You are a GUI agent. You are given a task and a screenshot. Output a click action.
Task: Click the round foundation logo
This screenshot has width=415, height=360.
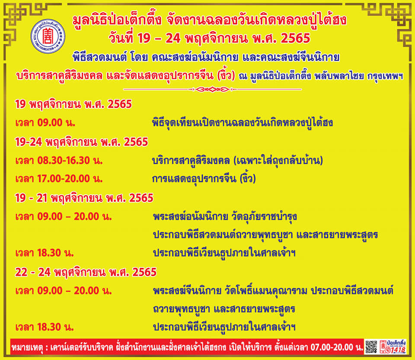[x=48, y=36]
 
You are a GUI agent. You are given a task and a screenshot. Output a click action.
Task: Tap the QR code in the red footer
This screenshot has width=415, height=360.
[x=371, y=347]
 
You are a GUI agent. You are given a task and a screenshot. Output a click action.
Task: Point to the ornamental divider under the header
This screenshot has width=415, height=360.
[x=213, y=89]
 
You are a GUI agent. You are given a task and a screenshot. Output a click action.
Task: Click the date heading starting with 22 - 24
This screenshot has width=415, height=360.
[x=86, y=272]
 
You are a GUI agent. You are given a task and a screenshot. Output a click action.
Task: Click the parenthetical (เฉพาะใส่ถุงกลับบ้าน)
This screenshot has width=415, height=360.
[x=278, y=161]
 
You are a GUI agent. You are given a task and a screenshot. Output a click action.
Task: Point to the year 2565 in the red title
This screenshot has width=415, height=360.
[x=295, y=39]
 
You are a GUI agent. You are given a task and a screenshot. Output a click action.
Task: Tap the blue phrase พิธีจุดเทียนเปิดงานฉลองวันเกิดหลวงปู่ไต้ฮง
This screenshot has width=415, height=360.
[x=243, y=122]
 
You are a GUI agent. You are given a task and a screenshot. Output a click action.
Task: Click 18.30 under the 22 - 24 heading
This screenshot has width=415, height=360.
[x=49, y=328]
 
